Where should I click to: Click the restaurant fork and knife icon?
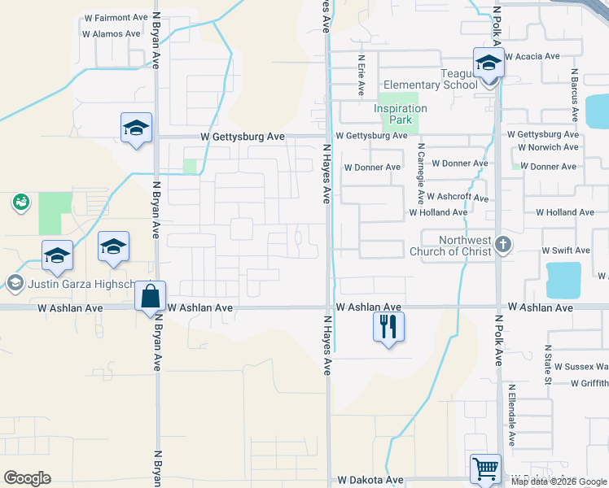[x=388, y=327]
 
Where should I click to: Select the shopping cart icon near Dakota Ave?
[x=485, y=469]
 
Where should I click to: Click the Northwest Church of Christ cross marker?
[x=504, y=244]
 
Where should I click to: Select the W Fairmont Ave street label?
[x=116, y=17]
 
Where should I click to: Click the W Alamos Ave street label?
[x=112, y=34]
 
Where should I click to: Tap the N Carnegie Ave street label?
[x=421, y=174]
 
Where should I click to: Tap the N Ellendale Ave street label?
[x=512, y=415]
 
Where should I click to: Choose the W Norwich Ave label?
[x=548, y=147]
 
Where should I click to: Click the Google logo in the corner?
[x=27, y=477]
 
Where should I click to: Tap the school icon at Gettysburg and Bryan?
[x=137, y=129]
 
